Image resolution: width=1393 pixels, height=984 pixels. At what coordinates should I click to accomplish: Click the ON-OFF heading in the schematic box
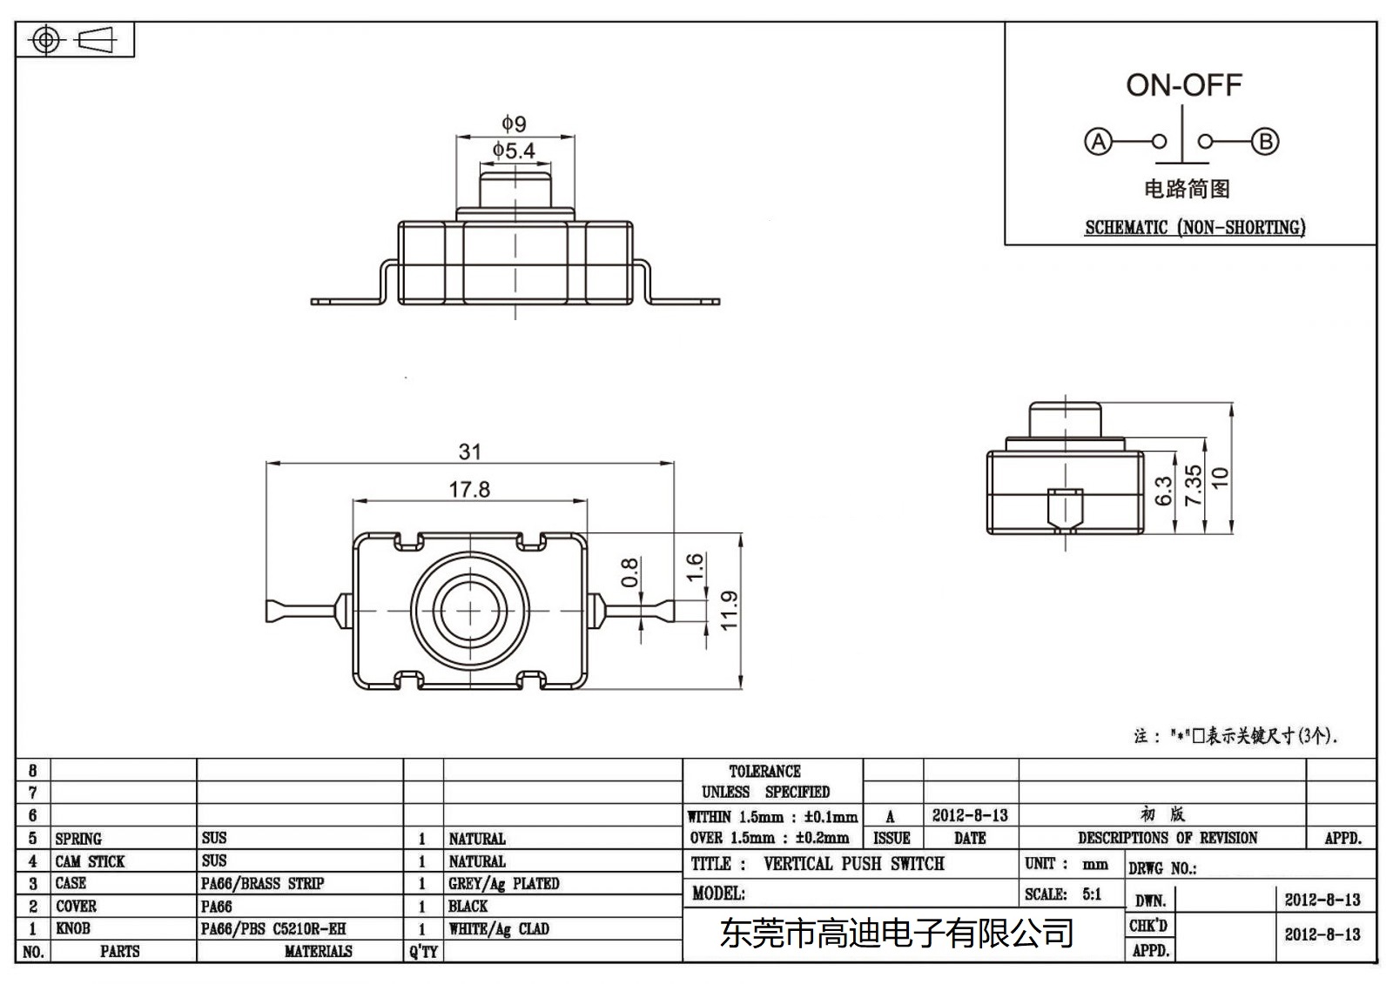pos(1183,85)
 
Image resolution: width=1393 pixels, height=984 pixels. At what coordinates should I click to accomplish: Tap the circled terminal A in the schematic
pos(1099,142)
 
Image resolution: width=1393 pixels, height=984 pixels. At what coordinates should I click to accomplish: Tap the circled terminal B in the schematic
pos(1265,142)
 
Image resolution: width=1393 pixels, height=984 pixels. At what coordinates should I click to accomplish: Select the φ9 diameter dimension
pos(514,124)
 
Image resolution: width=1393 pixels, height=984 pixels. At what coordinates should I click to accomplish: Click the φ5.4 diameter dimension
pos(514,151)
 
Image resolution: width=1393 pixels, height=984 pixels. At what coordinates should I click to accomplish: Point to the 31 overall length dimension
pos(469,452)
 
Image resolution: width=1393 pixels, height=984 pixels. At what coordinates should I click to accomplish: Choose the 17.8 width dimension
pos(469,490)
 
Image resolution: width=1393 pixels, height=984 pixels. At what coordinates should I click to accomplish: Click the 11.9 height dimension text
pos(730,610)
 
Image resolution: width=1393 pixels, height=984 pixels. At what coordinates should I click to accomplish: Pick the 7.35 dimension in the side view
pos(1194,485)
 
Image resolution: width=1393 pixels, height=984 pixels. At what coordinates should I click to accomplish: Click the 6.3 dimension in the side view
pos(1164,491)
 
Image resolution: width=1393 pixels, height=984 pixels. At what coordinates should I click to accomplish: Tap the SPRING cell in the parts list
pos(78,839)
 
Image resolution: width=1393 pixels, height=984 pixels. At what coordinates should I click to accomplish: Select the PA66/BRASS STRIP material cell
pos(262,883)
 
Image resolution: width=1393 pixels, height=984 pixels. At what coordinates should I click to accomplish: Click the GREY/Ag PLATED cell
pos(503,883)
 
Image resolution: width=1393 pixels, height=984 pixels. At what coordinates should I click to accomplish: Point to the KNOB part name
pos(73,928)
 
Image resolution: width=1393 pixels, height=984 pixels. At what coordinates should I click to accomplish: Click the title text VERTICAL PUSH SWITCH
pos(853,864)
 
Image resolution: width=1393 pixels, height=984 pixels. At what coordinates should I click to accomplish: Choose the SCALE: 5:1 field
pos(1063,894)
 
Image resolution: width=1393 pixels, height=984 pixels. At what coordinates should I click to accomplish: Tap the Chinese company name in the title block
pos(897,934)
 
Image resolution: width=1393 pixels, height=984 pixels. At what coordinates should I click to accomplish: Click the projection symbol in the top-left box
pos(74,40)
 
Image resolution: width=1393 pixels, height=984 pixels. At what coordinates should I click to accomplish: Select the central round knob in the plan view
pos(470,610)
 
